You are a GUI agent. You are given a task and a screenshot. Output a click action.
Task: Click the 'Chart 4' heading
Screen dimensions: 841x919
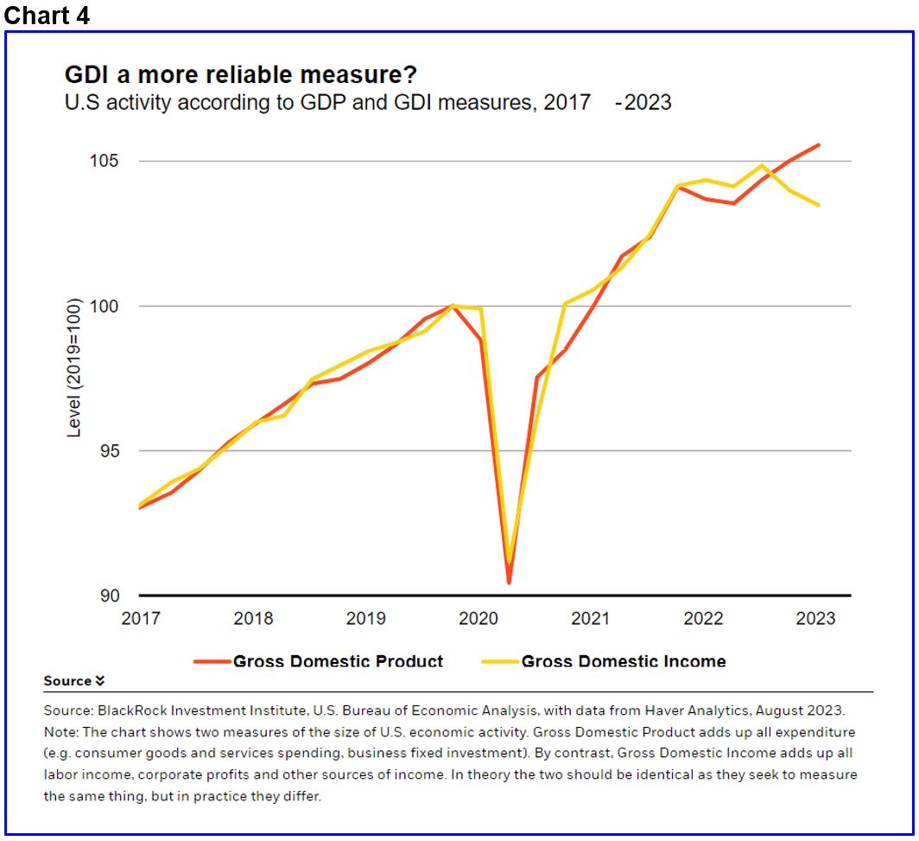pos(48,16)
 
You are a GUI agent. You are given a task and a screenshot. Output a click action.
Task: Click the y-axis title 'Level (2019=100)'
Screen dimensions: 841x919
pos(74,367)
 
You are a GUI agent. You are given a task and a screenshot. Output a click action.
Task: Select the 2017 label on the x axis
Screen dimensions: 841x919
pos(141,619)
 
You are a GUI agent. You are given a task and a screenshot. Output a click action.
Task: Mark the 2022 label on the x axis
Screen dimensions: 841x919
pos(703,619)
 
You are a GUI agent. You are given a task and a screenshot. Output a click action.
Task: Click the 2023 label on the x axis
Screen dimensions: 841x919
pos(815,619)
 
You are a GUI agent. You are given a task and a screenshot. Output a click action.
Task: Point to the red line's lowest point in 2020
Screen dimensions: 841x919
pos(509,583)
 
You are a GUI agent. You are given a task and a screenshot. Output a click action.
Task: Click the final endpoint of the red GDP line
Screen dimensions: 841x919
pos(819,145)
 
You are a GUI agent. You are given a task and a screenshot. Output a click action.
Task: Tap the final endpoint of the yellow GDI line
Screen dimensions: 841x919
pos(819,205)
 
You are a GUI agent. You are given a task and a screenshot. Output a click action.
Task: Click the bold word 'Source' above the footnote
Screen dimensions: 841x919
pos(68,681)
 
